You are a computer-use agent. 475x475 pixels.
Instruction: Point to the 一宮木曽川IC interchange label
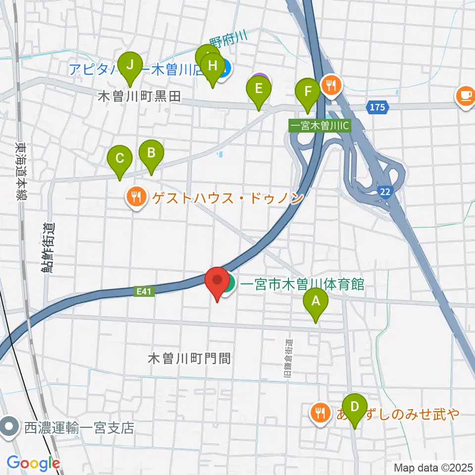click(x=320, y=126)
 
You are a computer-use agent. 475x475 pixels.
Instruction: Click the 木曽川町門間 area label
click(x=190, y=358)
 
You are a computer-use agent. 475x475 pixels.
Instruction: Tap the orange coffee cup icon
click(x=465, y=95)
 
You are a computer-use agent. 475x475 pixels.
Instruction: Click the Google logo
click(x=33, y=463)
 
